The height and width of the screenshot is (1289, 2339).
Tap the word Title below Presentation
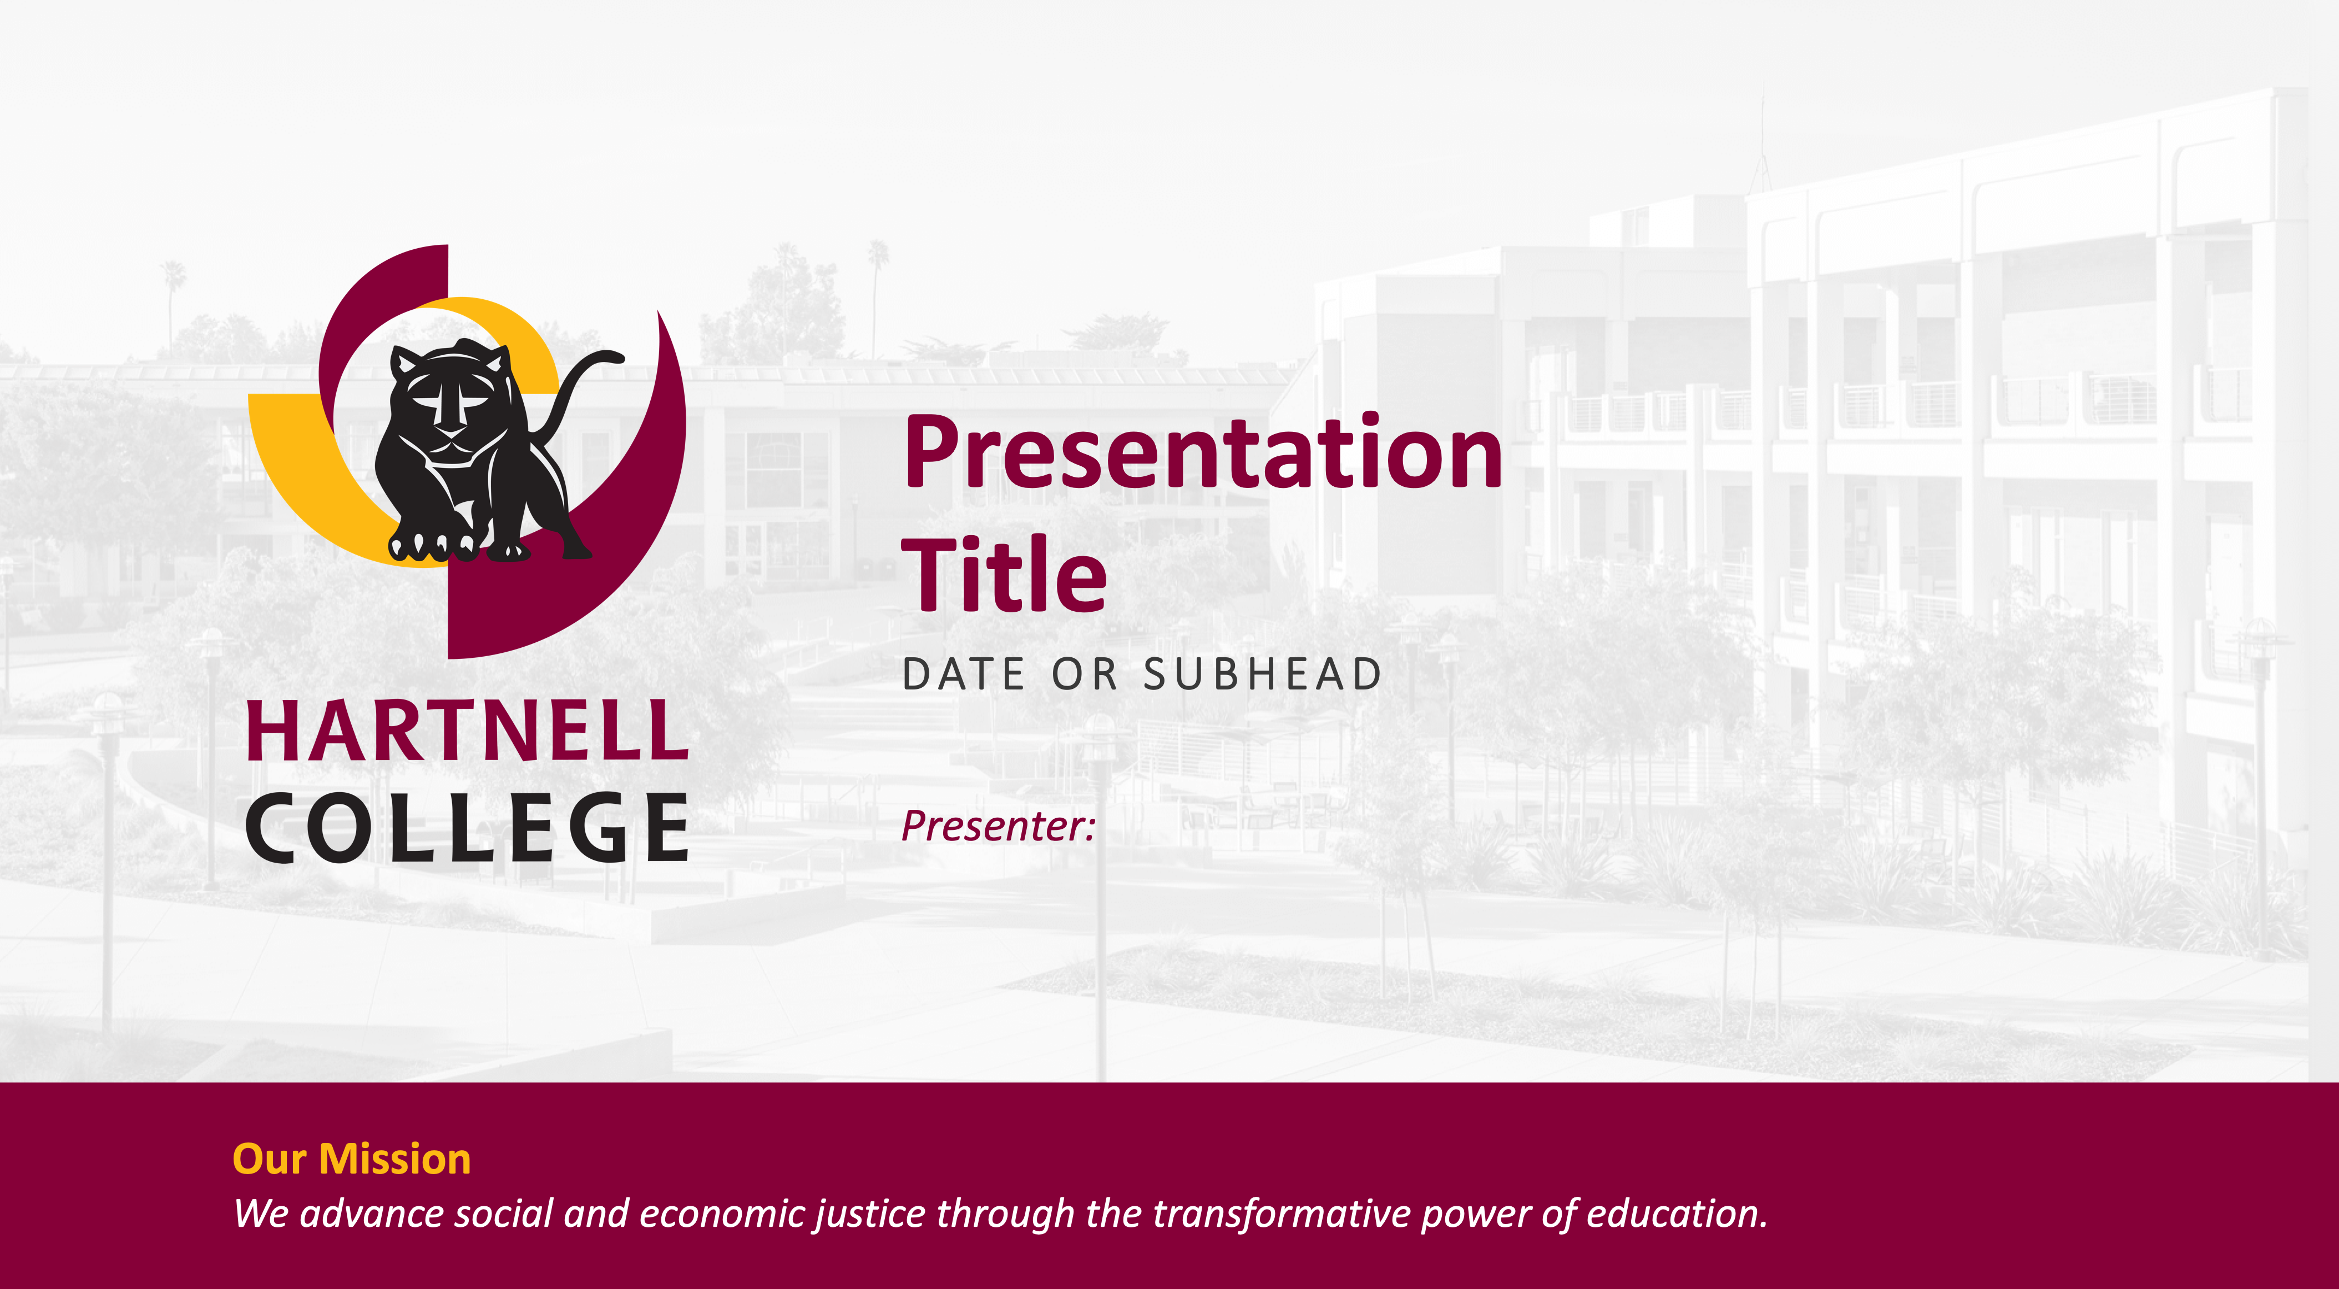coord(1004,574)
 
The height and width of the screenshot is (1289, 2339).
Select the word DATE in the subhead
coord(964,674)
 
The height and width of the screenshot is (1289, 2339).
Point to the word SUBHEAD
coord(1262,674)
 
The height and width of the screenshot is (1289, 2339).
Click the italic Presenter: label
coord(999,825)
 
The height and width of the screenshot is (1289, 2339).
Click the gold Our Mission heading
coord(352,1159)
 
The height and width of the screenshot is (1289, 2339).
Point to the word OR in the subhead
coord(1084,674)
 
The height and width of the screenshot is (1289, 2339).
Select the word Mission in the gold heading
coord(395,1159)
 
